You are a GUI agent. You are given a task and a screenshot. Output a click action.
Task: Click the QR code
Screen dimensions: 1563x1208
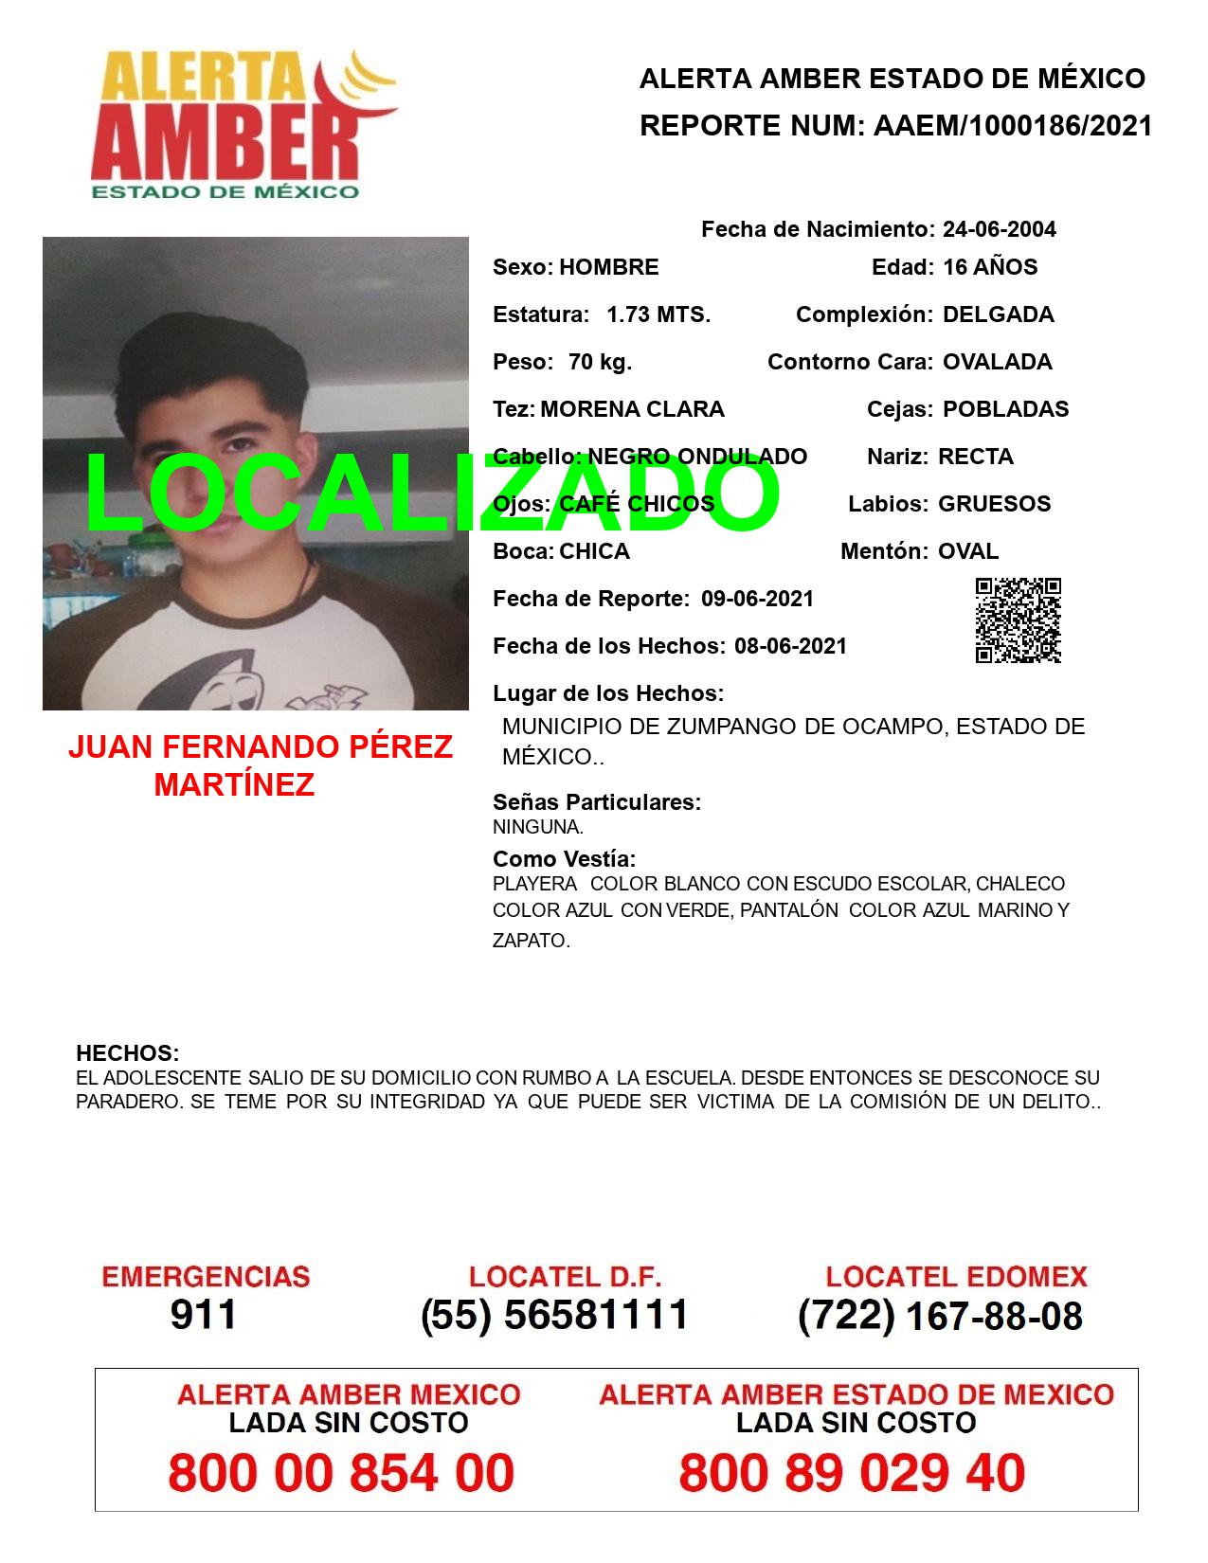(1018, 620)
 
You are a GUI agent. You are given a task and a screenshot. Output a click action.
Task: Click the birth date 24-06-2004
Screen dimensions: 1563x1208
(999, 229)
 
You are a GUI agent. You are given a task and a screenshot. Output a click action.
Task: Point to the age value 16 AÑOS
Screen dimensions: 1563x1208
(990, 267)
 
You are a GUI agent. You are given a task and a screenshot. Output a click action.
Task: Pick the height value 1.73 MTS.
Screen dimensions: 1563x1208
(658, 314)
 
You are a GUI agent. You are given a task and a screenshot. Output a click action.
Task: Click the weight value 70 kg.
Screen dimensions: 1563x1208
(600, 362)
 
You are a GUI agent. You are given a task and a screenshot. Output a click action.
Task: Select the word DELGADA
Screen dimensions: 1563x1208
(998, 314)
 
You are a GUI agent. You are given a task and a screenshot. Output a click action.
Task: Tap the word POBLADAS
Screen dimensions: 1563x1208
(1005, 409)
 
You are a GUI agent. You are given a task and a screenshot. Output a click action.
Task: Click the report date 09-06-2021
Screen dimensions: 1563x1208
(757, 599)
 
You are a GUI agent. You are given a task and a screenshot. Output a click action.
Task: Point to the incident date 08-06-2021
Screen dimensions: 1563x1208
(790, 646)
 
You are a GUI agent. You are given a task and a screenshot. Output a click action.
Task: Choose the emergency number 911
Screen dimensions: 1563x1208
(204, 1315)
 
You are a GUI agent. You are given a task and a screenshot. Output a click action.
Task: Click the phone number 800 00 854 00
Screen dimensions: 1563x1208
(341, 1473)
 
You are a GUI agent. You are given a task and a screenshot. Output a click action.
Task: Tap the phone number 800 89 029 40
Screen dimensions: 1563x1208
(852, 1473)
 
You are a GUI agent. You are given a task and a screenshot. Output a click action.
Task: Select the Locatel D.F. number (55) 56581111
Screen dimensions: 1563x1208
(554, 1315)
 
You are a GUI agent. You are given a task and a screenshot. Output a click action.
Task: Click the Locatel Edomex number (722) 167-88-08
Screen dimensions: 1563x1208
(940, 1316)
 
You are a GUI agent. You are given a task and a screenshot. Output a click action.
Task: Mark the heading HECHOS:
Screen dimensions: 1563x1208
(127, 1053)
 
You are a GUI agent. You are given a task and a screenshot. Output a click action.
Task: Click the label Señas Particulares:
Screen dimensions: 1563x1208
(597, 802)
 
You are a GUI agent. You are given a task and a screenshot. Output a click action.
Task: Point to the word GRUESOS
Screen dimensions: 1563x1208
(994, 504)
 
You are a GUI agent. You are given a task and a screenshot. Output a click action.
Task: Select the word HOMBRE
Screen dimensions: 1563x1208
(608, 267)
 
